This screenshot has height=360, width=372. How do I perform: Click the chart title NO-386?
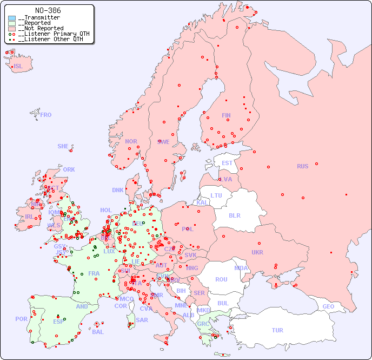[x=48, y=10]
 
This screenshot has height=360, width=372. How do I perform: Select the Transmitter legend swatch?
[x=12, y=17]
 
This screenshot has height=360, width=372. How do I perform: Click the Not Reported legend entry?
[x=41, y=28]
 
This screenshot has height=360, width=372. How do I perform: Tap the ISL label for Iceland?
[x=18, y=67]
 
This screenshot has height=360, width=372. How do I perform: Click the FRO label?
[x=46, y=115]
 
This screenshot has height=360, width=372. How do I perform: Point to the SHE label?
[x=63, y=146]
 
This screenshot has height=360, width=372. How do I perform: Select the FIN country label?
[x=226, y=115]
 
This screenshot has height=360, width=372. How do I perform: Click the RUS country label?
[x=302, y=166]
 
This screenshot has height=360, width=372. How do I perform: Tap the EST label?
[x=227, y=163]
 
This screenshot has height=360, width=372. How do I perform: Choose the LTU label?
[x=216, y=195]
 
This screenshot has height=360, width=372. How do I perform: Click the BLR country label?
[x=234, y=215]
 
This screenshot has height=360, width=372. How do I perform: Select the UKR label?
[x=257, y=252]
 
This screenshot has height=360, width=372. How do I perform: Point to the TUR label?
[x=277, y=330]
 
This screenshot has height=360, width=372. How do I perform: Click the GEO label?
[x=328, y=306]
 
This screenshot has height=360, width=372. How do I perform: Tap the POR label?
[x=21, y=319]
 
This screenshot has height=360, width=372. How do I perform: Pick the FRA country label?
[x=94, y=273]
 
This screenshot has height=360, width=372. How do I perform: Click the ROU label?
[x=221, y=279]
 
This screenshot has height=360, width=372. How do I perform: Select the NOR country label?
[x=131, y=141]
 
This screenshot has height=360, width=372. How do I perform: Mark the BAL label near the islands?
[x=98, y=332]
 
